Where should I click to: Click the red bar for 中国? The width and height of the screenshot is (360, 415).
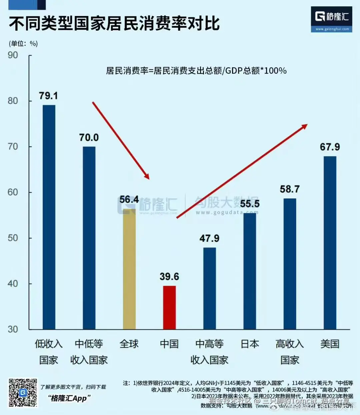pos(169,307)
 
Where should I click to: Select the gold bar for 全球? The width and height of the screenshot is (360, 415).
pos(129,269)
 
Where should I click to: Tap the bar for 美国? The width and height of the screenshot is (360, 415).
pos(330,243)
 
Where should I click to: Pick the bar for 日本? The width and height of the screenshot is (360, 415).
pos(250,271)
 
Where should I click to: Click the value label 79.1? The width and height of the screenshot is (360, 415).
pos(48,96)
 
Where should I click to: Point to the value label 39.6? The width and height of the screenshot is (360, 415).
pos(169,276)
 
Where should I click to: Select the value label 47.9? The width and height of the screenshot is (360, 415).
pos(209,238)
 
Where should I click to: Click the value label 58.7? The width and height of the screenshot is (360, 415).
pos(290,189)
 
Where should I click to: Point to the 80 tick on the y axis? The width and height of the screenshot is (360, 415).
pos(13,101)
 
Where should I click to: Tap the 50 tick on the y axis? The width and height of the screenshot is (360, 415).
pos(13,238)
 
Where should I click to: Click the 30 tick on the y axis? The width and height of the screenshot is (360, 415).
pos(13,329)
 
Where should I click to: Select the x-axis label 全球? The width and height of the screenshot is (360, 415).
pos(129,344)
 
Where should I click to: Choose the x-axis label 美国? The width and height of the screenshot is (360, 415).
pos(330,344)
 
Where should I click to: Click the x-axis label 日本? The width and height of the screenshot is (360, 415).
pos(250,344)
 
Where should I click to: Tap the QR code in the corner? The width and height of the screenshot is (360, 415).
pos(23,393)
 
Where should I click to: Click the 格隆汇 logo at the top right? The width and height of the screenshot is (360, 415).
pos(331,19)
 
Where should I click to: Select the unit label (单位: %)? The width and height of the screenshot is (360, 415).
pos(23,43)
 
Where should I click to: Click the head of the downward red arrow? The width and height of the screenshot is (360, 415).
pos(147,177)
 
